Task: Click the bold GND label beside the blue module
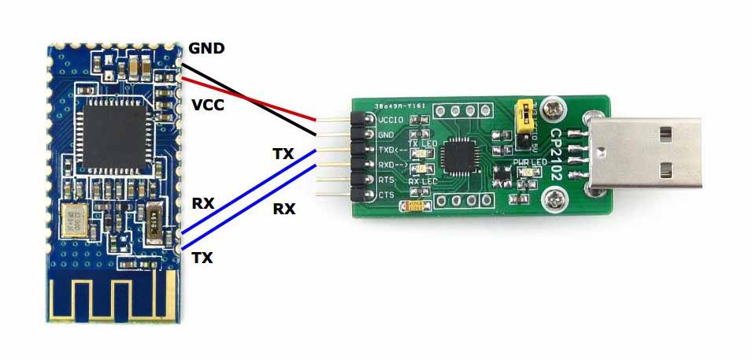pos(206,49)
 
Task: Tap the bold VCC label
pos(208,104)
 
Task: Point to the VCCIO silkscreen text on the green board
pos(391,121)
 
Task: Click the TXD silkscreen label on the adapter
pos(392,149)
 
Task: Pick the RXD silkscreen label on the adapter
pos(392,165)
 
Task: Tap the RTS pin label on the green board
pos(386,180)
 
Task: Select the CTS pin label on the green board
pos(386,194)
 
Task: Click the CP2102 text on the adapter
pos(556,154)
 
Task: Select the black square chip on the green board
pos(458,156)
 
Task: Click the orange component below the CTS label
pos(416,206)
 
